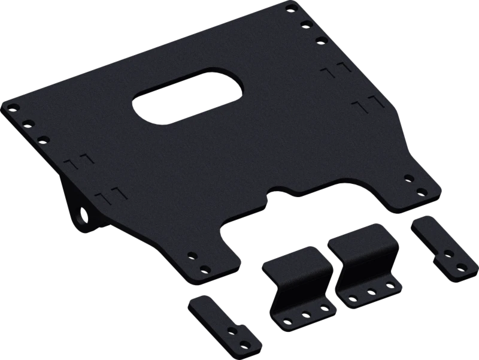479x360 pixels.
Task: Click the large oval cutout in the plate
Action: click(x=189, y=96)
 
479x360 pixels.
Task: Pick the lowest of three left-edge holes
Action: click(x=41, y=139)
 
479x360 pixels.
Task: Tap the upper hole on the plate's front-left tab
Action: click(x=192, y=255)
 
